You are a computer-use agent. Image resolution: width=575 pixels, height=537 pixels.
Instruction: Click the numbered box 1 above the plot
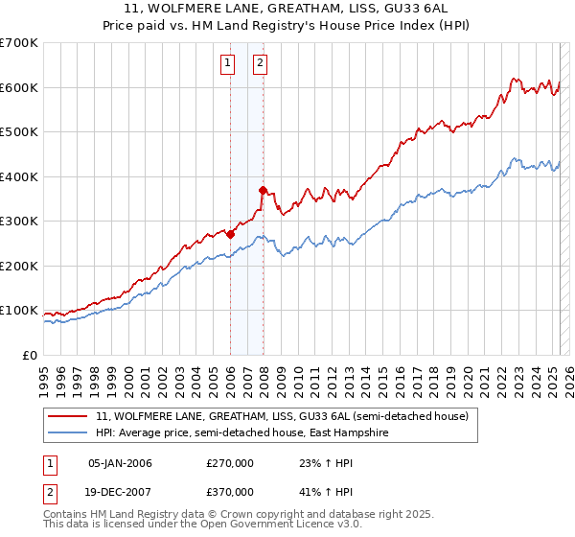[228, 64]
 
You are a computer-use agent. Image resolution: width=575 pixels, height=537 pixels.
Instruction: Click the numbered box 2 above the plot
[260, 64]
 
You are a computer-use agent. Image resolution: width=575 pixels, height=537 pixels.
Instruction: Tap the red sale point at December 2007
[263, 190]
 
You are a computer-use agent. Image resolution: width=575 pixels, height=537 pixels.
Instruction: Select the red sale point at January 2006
[230, 234]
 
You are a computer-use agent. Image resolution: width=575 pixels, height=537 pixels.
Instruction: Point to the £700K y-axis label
[19, 43]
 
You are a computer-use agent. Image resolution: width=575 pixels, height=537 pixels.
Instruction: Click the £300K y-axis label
[19, 221]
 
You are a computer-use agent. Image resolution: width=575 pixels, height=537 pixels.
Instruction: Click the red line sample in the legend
[68, 417]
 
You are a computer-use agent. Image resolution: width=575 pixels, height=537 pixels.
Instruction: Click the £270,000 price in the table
[229, 463]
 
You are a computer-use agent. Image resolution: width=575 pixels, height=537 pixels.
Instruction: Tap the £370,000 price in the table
[229, 492]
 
